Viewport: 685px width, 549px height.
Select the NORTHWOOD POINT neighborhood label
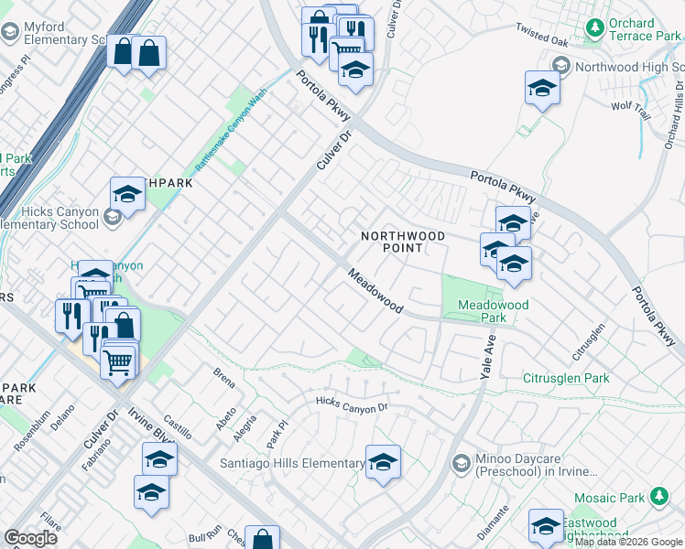(403, 242)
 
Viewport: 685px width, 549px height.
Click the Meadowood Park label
(482, 311)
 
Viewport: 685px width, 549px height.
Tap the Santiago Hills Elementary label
(292, 464)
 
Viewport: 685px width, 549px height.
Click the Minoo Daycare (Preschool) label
(536, 465)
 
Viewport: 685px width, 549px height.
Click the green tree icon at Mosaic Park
(658, 497)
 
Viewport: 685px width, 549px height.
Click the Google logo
(30, 538)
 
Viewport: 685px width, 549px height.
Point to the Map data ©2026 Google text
(629, 543)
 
